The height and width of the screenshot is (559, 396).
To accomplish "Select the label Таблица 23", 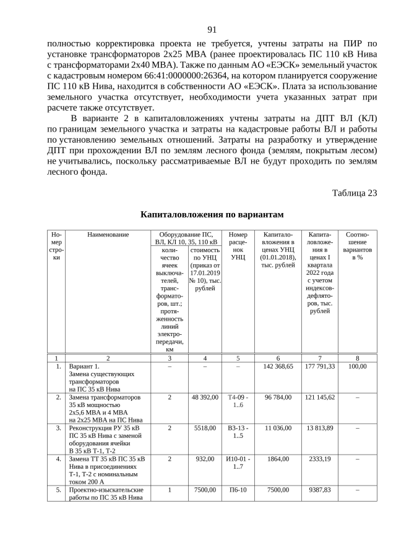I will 354,193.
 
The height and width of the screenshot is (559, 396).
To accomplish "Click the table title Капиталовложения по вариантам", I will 212,214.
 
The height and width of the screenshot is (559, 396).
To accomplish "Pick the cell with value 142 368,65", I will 278,366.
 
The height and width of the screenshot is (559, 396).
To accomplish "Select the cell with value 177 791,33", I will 319,366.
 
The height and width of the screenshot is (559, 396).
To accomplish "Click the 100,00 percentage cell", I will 358,366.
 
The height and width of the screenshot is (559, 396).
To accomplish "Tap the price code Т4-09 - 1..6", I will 238,401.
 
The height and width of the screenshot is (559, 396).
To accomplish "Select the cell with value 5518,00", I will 205,427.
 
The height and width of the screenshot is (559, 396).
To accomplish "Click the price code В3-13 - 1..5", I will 238,431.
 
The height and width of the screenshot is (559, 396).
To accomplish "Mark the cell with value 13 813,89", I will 319,427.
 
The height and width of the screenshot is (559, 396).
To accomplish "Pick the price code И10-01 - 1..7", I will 238,463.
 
